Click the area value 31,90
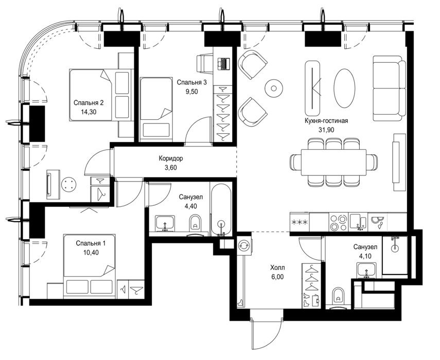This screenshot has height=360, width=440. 326,130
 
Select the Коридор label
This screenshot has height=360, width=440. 171,158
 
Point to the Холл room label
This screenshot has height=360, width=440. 277,268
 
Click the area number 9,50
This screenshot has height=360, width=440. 191,92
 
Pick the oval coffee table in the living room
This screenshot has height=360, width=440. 344,88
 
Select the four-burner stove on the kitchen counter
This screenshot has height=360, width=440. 339,222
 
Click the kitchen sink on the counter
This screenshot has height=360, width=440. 358,222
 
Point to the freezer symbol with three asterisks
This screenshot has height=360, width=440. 300,222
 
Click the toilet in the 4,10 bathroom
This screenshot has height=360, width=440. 339,298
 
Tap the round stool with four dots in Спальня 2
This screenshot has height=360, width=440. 69,185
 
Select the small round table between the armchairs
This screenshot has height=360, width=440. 274,88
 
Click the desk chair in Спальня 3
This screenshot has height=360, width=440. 205,64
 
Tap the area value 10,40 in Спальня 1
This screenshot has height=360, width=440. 91,253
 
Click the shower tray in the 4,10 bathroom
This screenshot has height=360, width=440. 395,255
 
